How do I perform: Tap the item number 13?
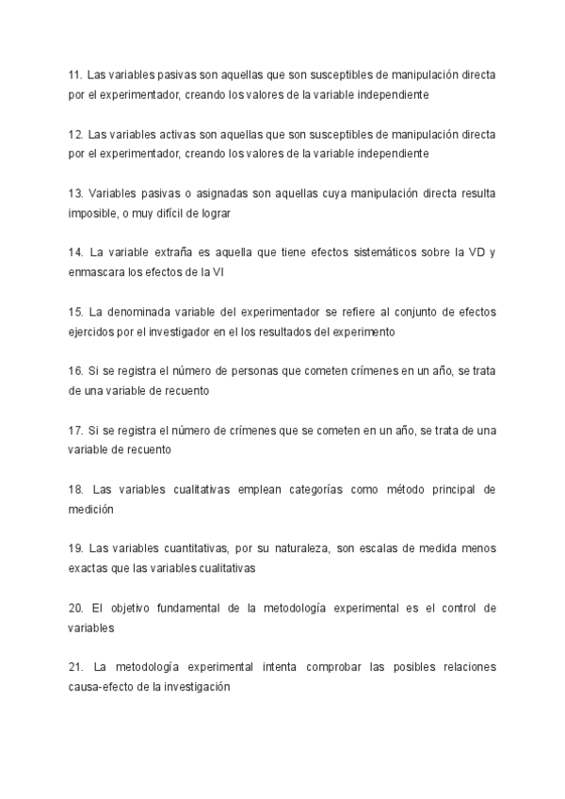click(75, 193)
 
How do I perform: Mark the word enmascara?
click(96, 272)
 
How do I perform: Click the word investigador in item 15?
click(203, 332)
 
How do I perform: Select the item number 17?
click(75, 431)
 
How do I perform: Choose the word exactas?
click(89, 569)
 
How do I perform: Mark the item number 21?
click(75, 668)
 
